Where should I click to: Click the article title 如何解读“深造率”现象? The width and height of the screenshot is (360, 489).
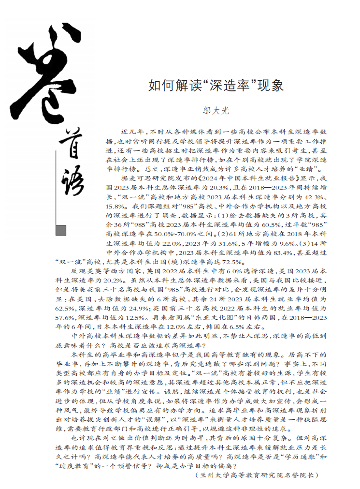point(216,87)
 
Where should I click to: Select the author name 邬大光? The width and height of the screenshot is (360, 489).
point(216,110)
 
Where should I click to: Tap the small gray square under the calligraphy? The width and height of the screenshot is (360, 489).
point(61,230)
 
